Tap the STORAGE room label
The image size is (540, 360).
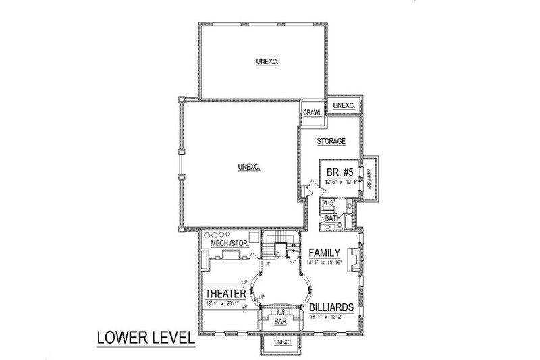coord(331,142)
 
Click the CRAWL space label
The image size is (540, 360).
coord(311,112)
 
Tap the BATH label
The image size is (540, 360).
coord(332,218)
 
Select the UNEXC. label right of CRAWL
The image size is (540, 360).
coord(344,107)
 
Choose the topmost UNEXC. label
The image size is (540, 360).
coord(268,62)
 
